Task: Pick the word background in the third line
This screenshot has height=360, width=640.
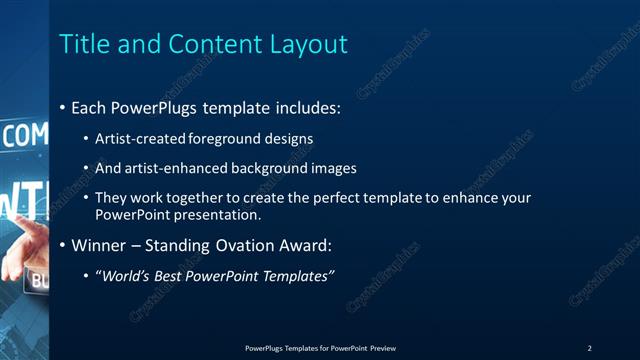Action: coord(262,168)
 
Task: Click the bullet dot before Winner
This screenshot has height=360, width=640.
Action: coord(63,245)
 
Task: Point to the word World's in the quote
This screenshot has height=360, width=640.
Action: coord(125,275)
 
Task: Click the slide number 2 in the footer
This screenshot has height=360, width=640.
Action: coord(590,348)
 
